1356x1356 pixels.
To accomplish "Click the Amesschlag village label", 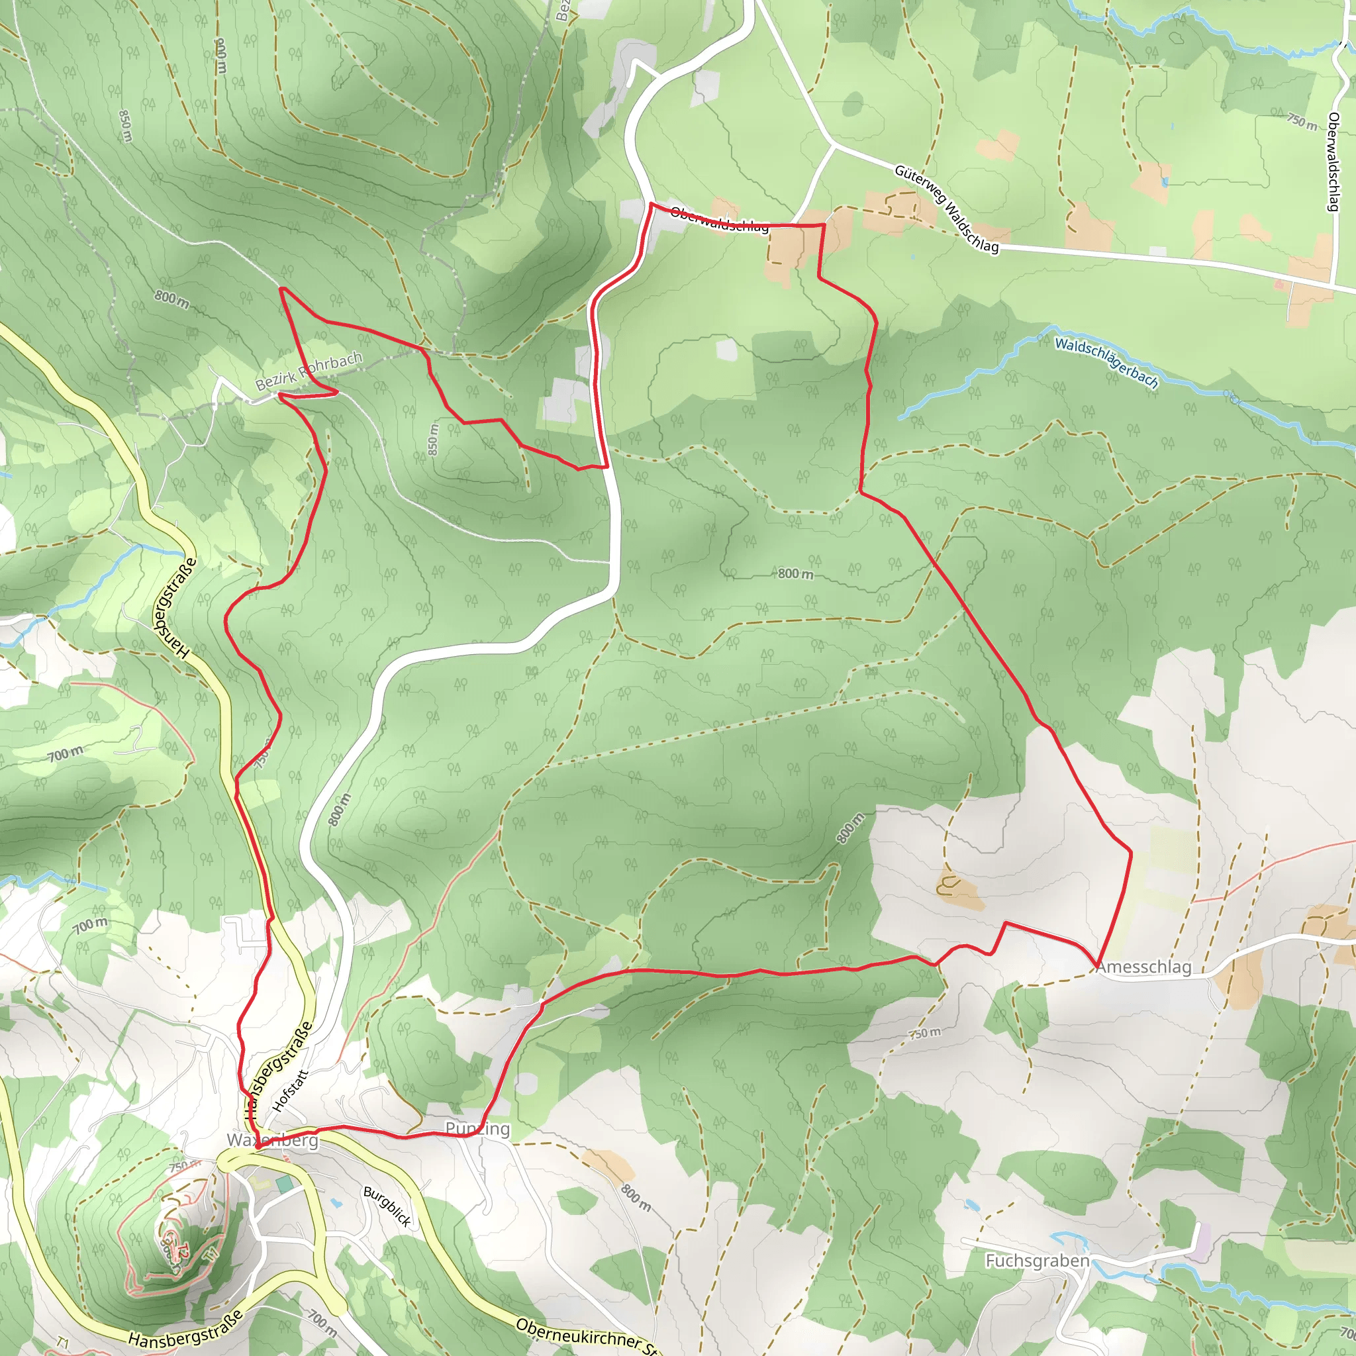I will (1143, 967).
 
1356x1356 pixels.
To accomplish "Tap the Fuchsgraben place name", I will (1037, 1261).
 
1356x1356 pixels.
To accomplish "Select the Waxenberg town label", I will (272, 1140).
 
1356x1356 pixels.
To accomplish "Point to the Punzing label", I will (477, 1129).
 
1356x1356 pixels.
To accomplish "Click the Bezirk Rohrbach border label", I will (308, 371).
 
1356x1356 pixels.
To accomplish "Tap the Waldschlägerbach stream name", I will (1106, 362).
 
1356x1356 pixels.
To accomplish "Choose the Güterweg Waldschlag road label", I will (945, 209).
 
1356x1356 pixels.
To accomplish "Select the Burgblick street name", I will (387, 1206).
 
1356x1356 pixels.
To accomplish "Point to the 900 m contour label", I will (221, 56).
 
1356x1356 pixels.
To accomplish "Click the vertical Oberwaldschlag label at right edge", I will (1333, 162).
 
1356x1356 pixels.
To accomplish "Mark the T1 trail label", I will (62, 1344).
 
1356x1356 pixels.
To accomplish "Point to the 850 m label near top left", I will (125, 126).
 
